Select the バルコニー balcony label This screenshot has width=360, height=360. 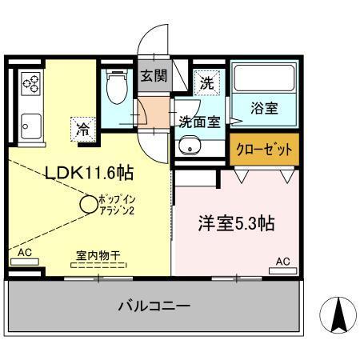coord(154,306)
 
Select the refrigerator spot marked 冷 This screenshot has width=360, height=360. coord(83,127)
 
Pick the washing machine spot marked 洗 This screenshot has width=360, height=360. coord(206,82)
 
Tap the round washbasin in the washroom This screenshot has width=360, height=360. coord(190,146)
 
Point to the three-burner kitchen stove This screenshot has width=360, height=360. coord(32,84)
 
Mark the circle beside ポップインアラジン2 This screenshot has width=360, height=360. coord(87,205)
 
